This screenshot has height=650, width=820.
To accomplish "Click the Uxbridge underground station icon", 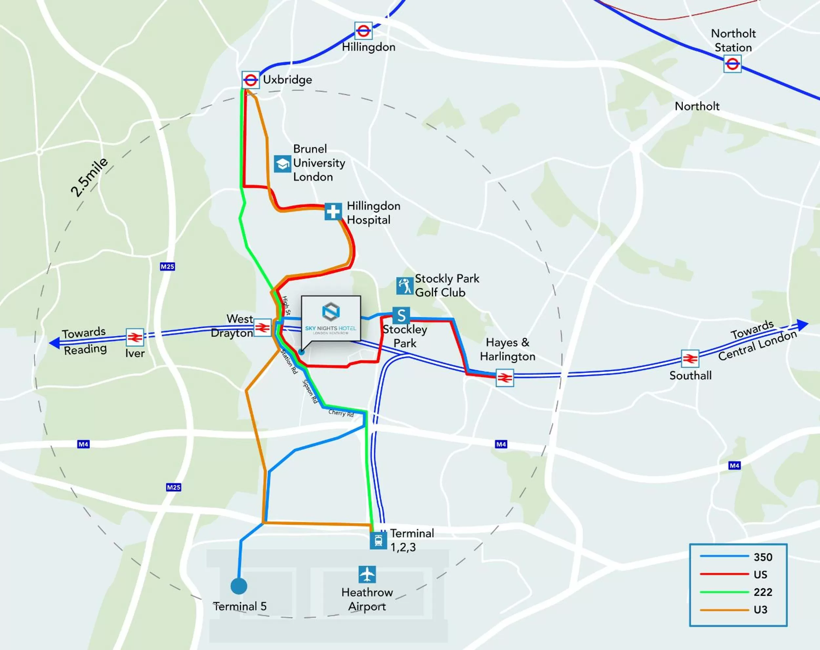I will pyautogui.click(x=251, y=80).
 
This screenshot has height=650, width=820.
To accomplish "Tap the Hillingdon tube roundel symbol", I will pyautogui.click(x=363, y=31).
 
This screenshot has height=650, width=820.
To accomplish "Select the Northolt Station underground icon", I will pyautogui.click(x=732, y=64).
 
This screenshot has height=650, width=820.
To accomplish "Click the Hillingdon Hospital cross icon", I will pyautogui.click(x=333, y=212).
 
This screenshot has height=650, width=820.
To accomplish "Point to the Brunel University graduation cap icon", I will pyautogui.click(x=282, y=164).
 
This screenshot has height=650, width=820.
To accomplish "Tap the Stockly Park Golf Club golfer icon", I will pyautogui.click(x=404, y=286).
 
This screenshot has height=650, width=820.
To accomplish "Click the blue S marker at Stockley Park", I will pyautogui.click(x=401, y=315).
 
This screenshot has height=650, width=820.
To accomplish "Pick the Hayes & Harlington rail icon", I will pyautogui.click(x=505, y=378).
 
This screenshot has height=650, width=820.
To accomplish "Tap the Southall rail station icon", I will pyautogui.click(x=690, y=358).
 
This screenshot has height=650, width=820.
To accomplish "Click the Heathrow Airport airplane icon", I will pyautogui.click(x=367, y=574).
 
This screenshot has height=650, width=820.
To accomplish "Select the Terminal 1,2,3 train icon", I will pyautogui.click(x=378, y=540).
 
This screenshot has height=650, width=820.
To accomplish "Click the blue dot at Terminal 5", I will pyautogui.click(x=239, y=586).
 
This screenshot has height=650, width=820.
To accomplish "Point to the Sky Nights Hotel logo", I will pyautogui.click(x=331, y=312).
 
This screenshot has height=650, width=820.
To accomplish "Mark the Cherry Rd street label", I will pyautogui.click(x=341, y=413).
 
